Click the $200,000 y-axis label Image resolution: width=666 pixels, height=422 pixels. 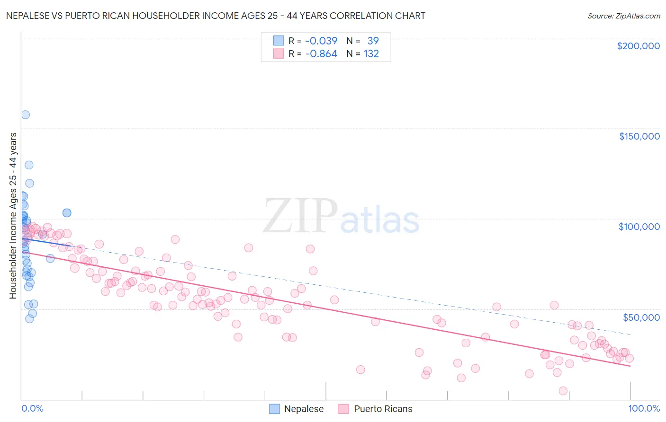[638, 46]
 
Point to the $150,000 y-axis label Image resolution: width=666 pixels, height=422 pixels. [639, 136]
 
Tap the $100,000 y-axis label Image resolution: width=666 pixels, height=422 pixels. [639, 227]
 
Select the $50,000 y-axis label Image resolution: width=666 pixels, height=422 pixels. [641, 317]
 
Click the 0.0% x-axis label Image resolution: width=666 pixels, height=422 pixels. [32, 408]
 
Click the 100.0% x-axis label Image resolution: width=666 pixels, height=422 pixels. [644, 408]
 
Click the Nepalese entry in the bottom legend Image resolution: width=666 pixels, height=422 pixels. [303, 409]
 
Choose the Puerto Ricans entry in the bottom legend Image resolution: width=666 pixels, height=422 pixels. [383, 409]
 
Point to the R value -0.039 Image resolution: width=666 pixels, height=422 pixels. [321, 41]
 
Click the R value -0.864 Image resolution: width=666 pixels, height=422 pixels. [321, 53]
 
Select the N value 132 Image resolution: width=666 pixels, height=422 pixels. [371, 53]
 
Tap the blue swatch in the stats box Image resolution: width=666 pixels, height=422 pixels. [279, 41]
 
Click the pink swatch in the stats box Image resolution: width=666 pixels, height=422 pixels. [279, 53]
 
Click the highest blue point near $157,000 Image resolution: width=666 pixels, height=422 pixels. [26, 114]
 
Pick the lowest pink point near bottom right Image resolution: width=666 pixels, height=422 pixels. [563, 391]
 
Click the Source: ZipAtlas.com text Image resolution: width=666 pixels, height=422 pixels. [623, 16]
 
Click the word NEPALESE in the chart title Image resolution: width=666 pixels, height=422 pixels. [28, 16]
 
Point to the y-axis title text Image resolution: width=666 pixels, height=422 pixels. [13, 215]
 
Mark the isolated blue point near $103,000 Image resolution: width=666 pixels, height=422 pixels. [67, 213]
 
